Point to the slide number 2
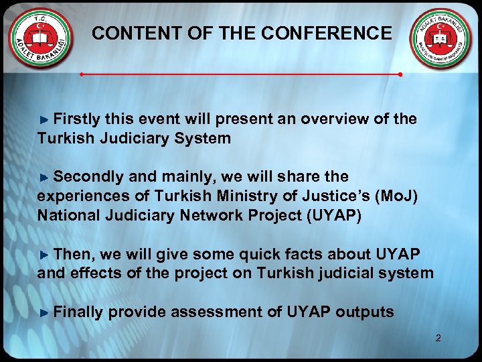click(438, 338)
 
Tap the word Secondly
click(88, 177)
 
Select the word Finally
click(78, 312)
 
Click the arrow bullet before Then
click(44, 255)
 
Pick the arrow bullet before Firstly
click(44, 120)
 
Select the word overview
click(331, 119)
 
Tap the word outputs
click(365, 312)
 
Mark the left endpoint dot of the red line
click(82, 74)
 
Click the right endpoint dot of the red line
click(400, 74)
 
